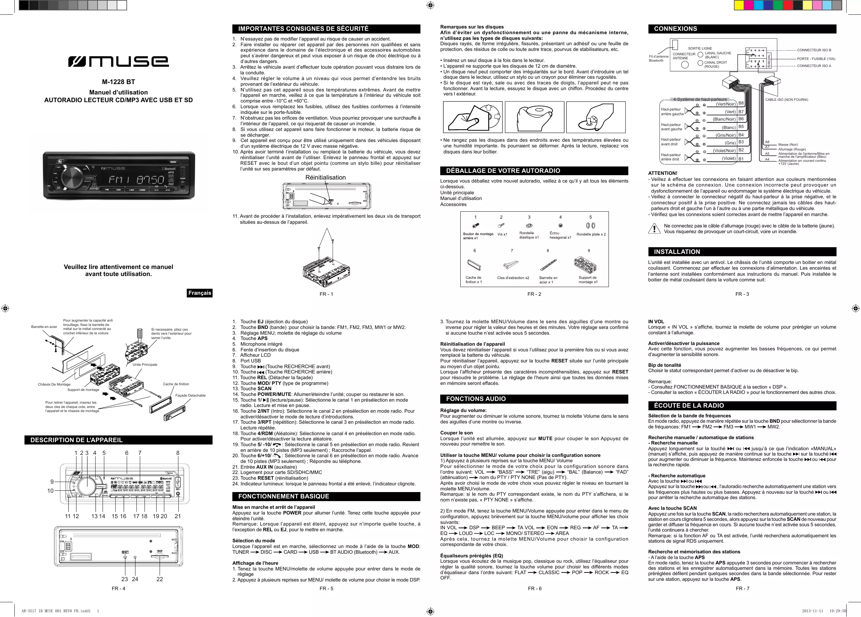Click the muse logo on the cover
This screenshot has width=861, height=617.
(118, 61)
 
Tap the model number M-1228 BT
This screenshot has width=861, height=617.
(118, 82)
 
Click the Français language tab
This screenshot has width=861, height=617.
(200, 293)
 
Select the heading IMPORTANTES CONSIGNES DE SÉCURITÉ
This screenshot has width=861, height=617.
(303, 29)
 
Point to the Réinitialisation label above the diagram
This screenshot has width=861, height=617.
(325, 178)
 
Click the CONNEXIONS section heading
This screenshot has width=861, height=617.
(675, 29)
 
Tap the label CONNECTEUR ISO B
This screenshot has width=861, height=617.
(814, 50)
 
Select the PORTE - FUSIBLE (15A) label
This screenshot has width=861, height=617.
(816, 59)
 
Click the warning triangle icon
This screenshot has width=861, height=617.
(654, 229)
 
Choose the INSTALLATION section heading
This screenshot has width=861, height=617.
(677, 252)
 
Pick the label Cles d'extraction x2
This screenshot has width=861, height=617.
(513, 278)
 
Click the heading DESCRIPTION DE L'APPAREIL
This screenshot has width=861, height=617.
(77, 440)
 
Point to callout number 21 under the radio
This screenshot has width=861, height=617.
(178, 516)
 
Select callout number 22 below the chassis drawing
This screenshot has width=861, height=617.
(160, 579)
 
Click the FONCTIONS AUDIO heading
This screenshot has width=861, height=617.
(476, 399)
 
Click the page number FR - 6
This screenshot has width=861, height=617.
(534, 589)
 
